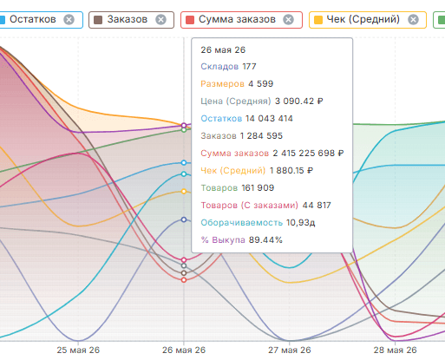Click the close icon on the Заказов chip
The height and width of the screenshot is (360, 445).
pos(160,20)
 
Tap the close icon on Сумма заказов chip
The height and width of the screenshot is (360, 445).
pos(288,20)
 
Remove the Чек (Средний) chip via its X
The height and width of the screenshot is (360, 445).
pos(413,20)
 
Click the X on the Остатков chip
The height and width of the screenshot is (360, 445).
pos(69,20)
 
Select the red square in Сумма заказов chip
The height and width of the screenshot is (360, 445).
pos(190,20)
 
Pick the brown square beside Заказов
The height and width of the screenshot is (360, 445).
pos(98,20)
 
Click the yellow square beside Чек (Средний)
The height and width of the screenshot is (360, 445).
pos(318,20)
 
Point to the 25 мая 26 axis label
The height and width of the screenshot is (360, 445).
pos(78,350)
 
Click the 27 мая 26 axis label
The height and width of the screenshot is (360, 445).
pos(290,350)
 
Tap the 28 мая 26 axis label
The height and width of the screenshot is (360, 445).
pos(395,350)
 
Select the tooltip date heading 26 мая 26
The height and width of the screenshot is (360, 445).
pos(223,49)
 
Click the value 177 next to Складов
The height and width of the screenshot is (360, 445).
pos(249,67)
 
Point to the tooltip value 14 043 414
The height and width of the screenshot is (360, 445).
pos(269,119)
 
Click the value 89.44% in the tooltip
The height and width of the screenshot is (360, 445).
pos(265,240)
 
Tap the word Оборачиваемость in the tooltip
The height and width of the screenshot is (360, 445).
pos(242,223)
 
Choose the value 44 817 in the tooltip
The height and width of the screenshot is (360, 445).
pos(317,206)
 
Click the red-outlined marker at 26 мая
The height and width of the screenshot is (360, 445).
pos(184,280)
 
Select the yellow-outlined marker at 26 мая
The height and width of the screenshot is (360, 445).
pos(184,192)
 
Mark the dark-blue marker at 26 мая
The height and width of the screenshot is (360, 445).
pos(184,219)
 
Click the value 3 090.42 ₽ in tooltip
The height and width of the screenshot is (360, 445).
pos(299,101)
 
